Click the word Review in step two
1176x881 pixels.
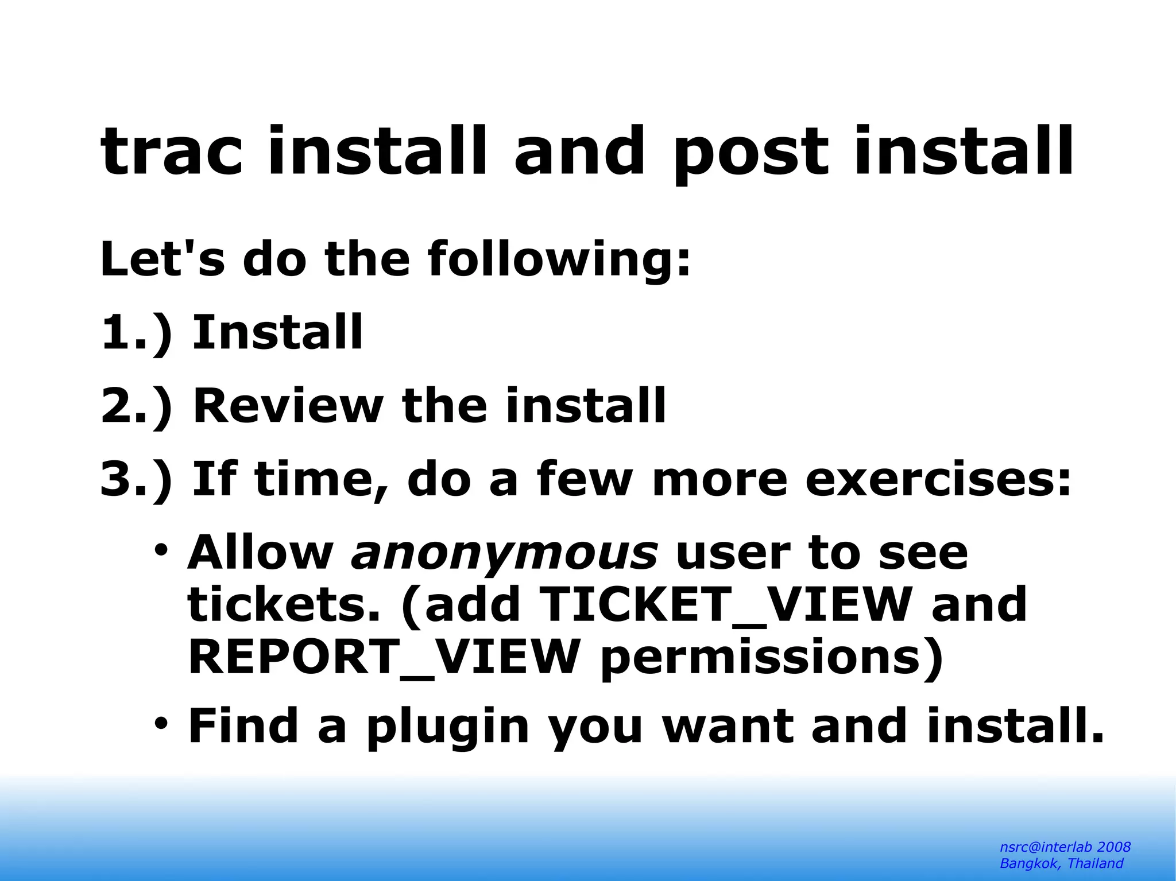287,406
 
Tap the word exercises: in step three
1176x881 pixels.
938,479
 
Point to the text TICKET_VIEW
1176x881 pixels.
726,604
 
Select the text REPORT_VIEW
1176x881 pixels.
383,657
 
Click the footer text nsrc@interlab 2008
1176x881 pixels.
1065,847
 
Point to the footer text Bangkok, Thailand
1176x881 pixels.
1061,864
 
